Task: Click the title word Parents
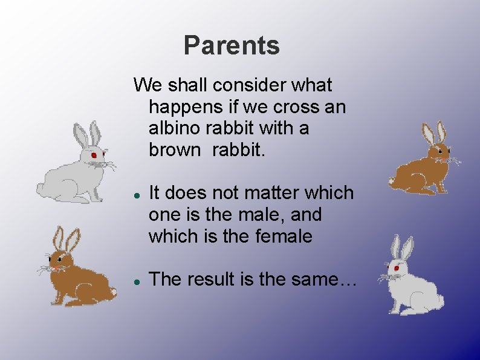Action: [x=232, y=45]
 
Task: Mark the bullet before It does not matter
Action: [x=137, y=196]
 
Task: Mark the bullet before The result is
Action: [x=137, y=282]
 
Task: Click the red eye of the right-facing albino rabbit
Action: [x=94, y=155]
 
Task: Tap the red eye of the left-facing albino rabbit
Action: [x=397, y=267]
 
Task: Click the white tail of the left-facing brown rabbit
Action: [x=112, y=292]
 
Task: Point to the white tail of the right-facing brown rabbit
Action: [x=392, y=180]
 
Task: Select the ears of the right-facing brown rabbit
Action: [x=434, y=133]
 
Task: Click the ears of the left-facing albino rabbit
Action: [x=401, y=248]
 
